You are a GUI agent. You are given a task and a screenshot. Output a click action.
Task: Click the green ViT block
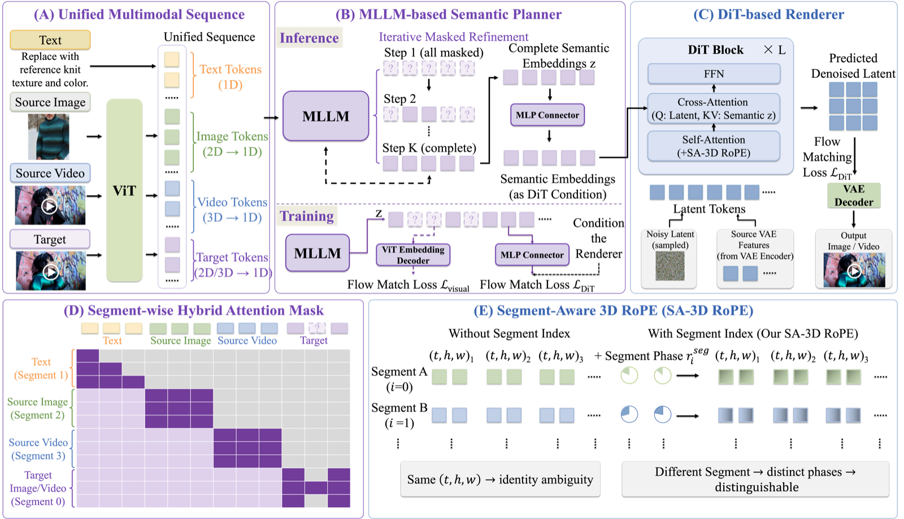[124, 190]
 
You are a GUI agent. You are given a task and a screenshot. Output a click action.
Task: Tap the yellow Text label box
[50, 40]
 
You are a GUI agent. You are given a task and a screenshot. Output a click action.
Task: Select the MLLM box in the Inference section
[325, 116]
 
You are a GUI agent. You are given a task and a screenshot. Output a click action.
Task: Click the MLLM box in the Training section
[318, 253]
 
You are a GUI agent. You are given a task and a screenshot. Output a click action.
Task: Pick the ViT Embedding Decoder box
[413, 255]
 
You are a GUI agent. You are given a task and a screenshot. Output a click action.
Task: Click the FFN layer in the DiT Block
[714, 74]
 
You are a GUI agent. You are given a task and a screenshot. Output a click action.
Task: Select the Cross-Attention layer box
[714, 108]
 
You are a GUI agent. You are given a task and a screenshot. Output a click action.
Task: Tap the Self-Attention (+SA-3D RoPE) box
[714, 146]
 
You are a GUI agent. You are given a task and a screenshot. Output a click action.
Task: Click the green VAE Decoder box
[854, 195]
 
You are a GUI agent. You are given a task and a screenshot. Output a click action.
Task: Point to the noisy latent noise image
[670, 266]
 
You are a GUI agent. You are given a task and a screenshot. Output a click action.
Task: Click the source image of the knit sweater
[49, 137]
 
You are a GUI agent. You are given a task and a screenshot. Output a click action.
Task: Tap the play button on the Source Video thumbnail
[49, 207]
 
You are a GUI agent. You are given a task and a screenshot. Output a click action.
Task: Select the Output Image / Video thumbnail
[854, 270]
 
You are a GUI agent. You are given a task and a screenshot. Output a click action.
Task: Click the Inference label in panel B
[309, 38]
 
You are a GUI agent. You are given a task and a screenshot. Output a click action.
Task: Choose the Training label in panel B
[307, 216]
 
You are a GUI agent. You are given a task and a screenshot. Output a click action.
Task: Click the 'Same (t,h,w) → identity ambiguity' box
[500, 479]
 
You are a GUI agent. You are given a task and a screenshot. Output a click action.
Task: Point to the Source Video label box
[50, 173]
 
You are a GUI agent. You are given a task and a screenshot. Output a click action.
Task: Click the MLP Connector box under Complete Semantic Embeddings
[547, 115]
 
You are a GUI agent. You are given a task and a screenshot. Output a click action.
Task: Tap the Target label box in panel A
[50, 239]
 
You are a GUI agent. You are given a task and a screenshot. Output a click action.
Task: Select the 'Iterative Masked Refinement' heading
[453, 37]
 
